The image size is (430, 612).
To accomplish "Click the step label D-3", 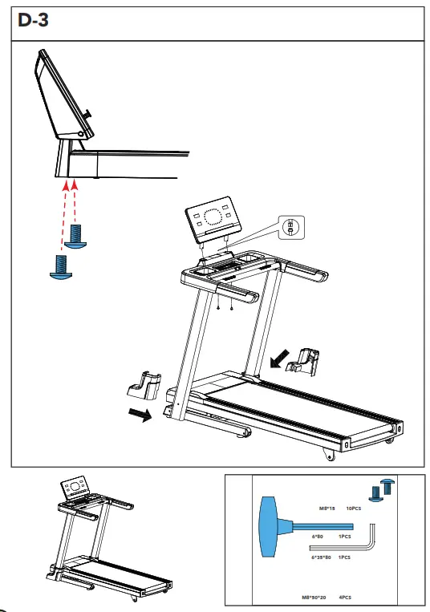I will tap(32, 21).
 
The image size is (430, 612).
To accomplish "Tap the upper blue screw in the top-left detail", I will tap(77, 236).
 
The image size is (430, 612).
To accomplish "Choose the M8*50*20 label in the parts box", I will tap(323, 596).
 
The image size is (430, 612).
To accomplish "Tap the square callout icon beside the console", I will tap(290, 227).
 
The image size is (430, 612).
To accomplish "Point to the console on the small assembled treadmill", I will tap(76, 488).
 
